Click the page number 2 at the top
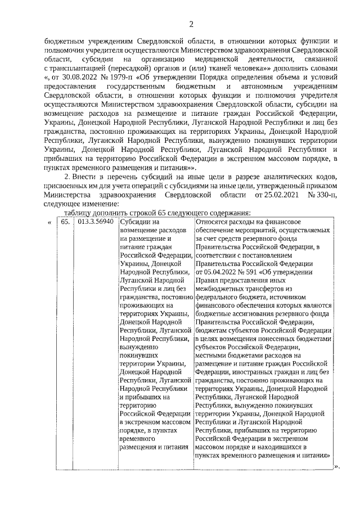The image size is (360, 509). tap(191, 24)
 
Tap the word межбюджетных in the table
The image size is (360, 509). tap(220, 289)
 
